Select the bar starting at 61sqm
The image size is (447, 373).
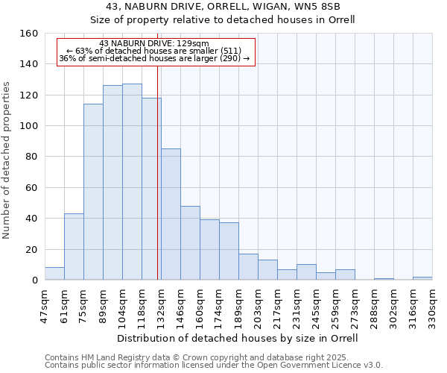74,247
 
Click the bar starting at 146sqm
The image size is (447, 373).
190,242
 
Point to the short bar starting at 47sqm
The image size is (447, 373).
54,274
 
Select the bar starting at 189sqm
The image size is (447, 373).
248,267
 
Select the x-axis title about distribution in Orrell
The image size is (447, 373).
238,338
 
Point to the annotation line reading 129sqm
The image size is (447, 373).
154,44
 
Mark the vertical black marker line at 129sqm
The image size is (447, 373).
158,186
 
